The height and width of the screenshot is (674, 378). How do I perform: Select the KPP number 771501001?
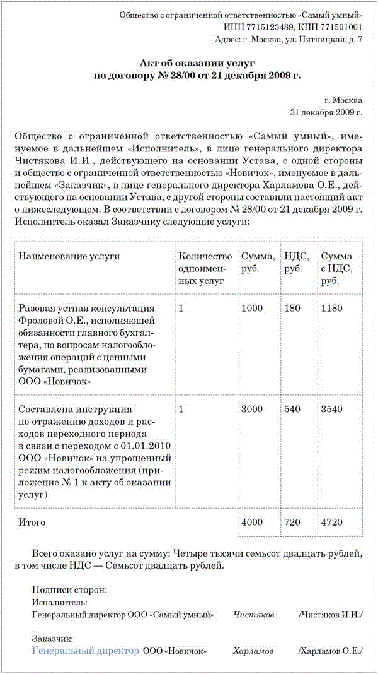pyautogui.click(x=338, y=27)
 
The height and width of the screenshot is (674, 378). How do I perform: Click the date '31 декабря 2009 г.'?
pyautogui.click(x=326, y=112)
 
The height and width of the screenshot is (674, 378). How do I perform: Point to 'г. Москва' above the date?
pyautogui.click(x=343, y=100)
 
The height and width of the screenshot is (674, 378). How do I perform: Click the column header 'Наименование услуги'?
pyautogui.click(x=69, y=256)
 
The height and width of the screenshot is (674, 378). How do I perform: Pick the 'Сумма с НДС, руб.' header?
pyautogui.click(x=336, y=268)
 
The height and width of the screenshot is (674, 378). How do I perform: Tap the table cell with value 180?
pyautogui.click(x=292, y=308)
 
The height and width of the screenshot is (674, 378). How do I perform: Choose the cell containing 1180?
pyautogui.click(x=331, y=308)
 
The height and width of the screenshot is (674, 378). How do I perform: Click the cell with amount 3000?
pyautogui.click(x=252, y=409)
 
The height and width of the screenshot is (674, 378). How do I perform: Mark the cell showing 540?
pyautogui.click(x=292, y=409)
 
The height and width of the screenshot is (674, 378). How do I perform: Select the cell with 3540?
pyautogui.click(x=332, y=409)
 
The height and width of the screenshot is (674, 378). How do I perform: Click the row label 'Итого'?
pyautogui.click(x=32, y=523)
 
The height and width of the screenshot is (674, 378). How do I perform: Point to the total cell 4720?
pyautogui.click(x=332, y=523)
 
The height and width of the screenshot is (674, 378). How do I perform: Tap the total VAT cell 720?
pyautogui.click(x=292, y=523)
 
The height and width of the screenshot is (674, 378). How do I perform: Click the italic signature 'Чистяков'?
pyautogui.click(x=254, y=614)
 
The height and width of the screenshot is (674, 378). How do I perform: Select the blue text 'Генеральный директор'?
pyautogui.click(x=85, y=650)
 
